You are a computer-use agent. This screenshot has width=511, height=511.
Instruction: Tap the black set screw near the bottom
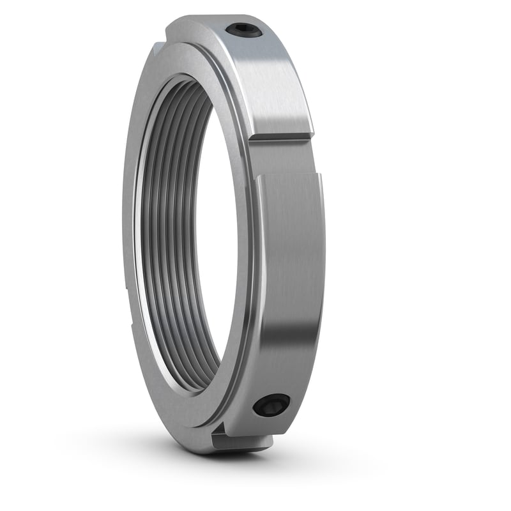(x=271, y=405)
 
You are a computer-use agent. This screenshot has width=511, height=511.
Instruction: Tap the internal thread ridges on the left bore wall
(x=156, y=243)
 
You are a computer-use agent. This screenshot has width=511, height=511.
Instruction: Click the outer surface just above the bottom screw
(x=281, y=377)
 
